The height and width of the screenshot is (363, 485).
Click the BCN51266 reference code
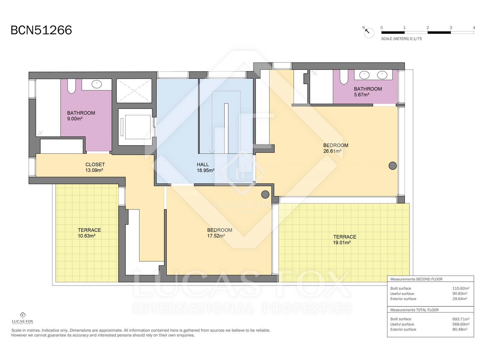point(41,30)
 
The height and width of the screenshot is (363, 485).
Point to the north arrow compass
point(369,32)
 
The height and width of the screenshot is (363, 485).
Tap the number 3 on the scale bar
point(451,28)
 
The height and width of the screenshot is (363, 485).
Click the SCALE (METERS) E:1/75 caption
point(401,39)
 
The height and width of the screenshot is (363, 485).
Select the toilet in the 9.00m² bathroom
point(72,86)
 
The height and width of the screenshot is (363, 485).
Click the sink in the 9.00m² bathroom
point(97,84)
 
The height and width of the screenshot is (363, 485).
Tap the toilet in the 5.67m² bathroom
point(344,77)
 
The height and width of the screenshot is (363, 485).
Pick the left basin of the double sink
point(364,75)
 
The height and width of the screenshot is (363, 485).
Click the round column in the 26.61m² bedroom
point(393,166)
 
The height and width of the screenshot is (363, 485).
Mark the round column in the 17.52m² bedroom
point(265,195)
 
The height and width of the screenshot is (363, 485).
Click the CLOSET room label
point(95,165)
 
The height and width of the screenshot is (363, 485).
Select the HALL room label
point(202,165)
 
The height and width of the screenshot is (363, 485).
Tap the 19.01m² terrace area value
point(342,243)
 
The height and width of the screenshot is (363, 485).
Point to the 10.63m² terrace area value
point(86,236)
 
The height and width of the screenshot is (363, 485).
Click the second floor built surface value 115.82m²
point(461,288)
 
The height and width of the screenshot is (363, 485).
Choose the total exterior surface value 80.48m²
point(460,329)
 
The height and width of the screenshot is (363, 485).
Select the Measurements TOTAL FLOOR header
point(414,310)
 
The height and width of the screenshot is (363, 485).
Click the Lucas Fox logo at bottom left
point(22,318)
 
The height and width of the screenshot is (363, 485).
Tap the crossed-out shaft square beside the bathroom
point(134,90)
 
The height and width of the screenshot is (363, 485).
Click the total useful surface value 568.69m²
point(461,324)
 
